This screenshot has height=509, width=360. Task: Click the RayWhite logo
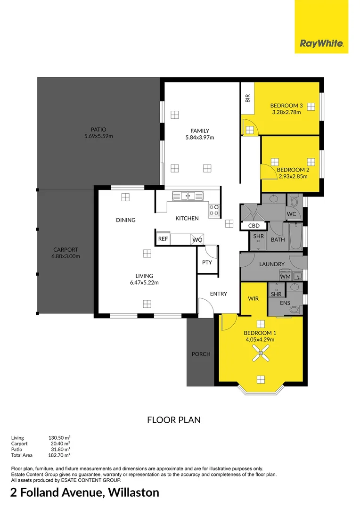[x=321, y=44]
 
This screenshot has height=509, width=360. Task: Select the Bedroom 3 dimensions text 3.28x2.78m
[x=286, y=112]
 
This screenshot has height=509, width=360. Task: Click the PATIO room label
[x=98, y=130]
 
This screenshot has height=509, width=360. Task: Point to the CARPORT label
[x=65, y=250]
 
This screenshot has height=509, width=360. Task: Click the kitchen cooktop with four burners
[x=214, y=210]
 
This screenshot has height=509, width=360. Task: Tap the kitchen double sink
[x=187, y=195]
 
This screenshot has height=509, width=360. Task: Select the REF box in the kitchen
[x=163, y=239]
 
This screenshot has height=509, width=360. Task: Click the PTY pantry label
[x=207, y=263]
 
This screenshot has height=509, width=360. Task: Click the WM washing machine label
[x=285, y=277]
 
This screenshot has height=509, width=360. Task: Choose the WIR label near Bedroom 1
[x=253, y=299]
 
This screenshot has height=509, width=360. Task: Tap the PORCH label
[x=201, y=354]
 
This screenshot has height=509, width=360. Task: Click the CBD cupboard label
[x=254, y=226]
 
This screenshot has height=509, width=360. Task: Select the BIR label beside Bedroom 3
[x=247, y=98]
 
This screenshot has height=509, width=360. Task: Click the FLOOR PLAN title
[x=174, y=420]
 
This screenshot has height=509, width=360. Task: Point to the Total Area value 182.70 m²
[x=59, y=455]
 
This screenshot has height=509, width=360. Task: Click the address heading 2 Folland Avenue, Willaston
[x=85, y=493]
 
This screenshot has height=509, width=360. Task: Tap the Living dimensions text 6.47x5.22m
[x=145, y=283]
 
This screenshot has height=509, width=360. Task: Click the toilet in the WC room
[x=294, y=202]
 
